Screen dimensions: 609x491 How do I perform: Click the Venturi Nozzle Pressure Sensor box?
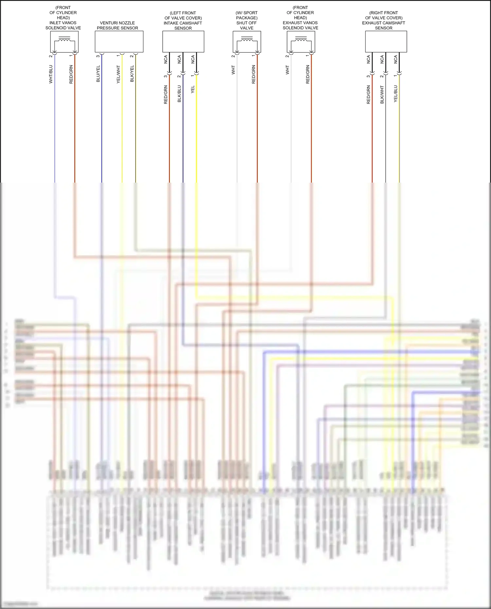point(119,42)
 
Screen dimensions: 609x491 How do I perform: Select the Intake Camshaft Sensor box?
point(183,42)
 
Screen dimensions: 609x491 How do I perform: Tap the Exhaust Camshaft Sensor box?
point(386,42)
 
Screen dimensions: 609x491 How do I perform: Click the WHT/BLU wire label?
point(51,74)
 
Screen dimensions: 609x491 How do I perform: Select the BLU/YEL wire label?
point(98,74)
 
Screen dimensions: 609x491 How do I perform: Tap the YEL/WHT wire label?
point(118,74)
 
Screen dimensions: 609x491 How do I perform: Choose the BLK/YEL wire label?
point(132,74)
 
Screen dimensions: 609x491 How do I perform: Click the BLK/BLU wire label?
point(179,94)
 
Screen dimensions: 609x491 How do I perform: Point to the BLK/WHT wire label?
point(382,95)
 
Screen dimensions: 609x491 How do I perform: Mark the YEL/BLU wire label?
point(395,94)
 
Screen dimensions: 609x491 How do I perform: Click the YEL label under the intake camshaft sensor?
point(192,90)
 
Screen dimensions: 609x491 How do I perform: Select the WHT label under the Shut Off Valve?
point(233,70)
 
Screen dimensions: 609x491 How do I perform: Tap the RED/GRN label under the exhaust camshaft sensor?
point(368,95)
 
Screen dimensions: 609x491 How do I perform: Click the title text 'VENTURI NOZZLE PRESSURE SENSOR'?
point(117,26)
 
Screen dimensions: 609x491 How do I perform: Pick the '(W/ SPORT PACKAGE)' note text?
point(246,15)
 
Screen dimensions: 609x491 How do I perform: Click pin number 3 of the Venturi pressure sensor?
point(98,56)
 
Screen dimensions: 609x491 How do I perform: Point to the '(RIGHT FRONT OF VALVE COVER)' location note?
point(384,15)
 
